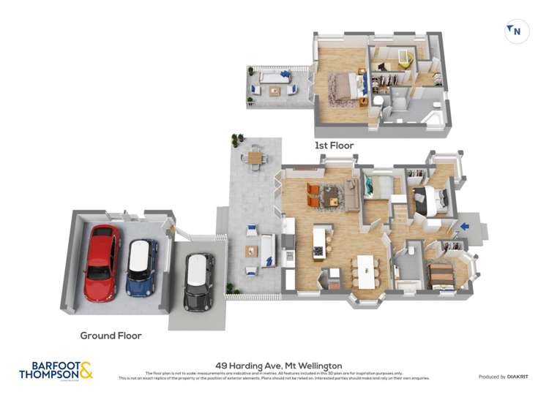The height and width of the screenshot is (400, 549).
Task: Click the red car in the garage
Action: click(102, 263)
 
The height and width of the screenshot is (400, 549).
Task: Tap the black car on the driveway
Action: click(198, 281)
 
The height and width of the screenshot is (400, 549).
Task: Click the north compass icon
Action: click(517, 31)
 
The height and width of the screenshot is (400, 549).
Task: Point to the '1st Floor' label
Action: click(335, 146)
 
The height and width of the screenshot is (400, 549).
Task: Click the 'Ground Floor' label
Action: click(111, 336)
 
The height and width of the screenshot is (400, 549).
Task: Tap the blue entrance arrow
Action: click(464, 227)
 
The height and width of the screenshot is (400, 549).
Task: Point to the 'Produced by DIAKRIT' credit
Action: click(502, 377)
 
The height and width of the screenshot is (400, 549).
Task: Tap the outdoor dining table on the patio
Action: click(254, 156)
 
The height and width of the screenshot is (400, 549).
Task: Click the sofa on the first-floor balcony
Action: click(274, 77)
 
